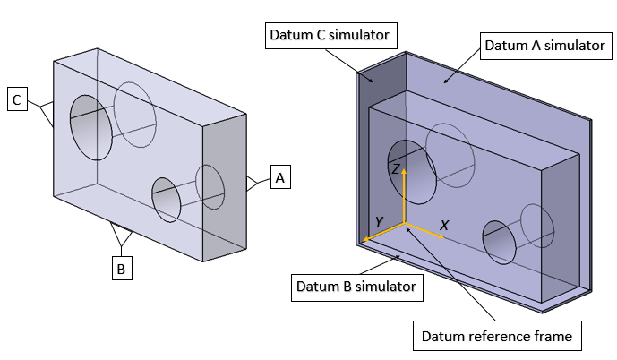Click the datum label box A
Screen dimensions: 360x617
point(280,178)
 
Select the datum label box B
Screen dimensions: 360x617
point(122,268)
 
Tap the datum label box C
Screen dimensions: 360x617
point(17,99)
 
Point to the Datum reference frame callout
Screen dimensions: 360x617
point(494,337)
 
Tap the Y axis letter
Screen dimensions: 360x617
point(380,221)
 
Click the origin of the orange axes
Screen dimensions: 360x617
point(404,223)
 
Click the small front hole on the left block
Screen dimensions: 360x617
point(167,200)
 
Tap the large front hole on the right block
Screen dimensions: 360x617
point(412,170)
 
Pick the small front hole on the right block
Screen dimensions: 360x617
point(498,241)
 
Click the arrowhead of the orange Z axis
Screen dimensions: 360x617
point(404,172)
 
